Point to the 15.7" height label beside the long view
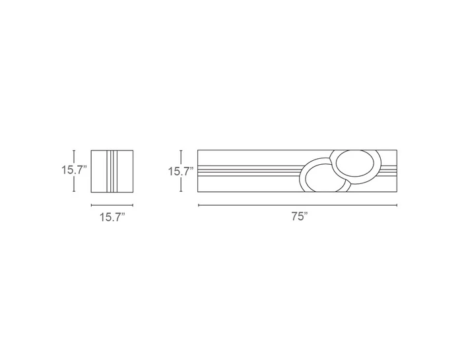[x=180, y=171]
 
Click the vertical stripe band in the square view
[x=112, y=171]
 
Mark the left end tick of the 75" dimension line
[x=198, y=206]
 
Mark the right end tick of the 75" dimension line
[x=397, y=206]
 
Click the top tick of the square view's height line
[x=75, y=149]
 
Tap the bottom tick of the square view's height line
[x=75, y=193]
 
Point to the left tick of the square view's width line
[x=91, y=206]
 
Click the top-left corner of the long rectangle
[x=198, y=150]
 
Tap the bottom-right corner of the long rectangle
[x=397, y=193]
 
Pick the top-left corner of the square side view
[x=91, y=150]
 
